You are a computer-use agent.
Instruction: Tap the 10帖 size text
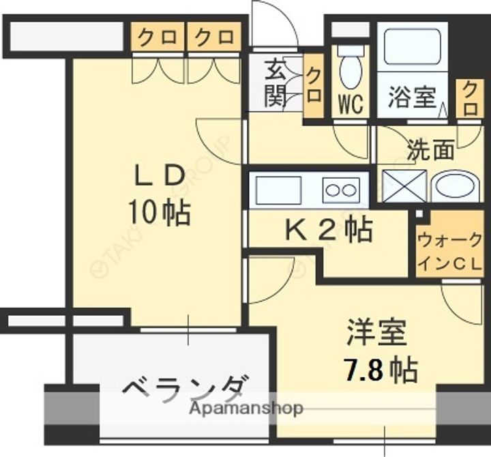click(160, 213)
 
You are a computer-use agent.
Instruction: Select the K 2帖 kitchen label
click(328, 231)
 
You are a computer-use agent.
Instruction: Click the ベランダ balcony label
click(184, 391)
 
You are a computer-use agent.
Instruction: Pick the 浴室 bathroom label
click(412, 98)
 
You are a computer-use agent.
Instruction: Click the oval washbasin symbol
click(456, 186)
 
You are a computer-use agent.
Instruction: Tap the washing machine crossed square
click(404, 186)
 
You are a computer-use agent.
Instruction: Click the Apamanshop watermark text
click(246, 409)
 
